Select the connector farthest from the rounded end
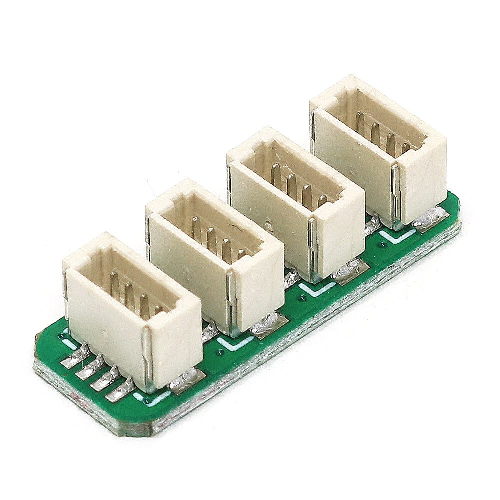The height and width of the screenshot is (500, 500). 380,150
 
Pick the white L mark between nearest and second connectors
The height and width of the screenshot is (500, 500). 235,343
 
